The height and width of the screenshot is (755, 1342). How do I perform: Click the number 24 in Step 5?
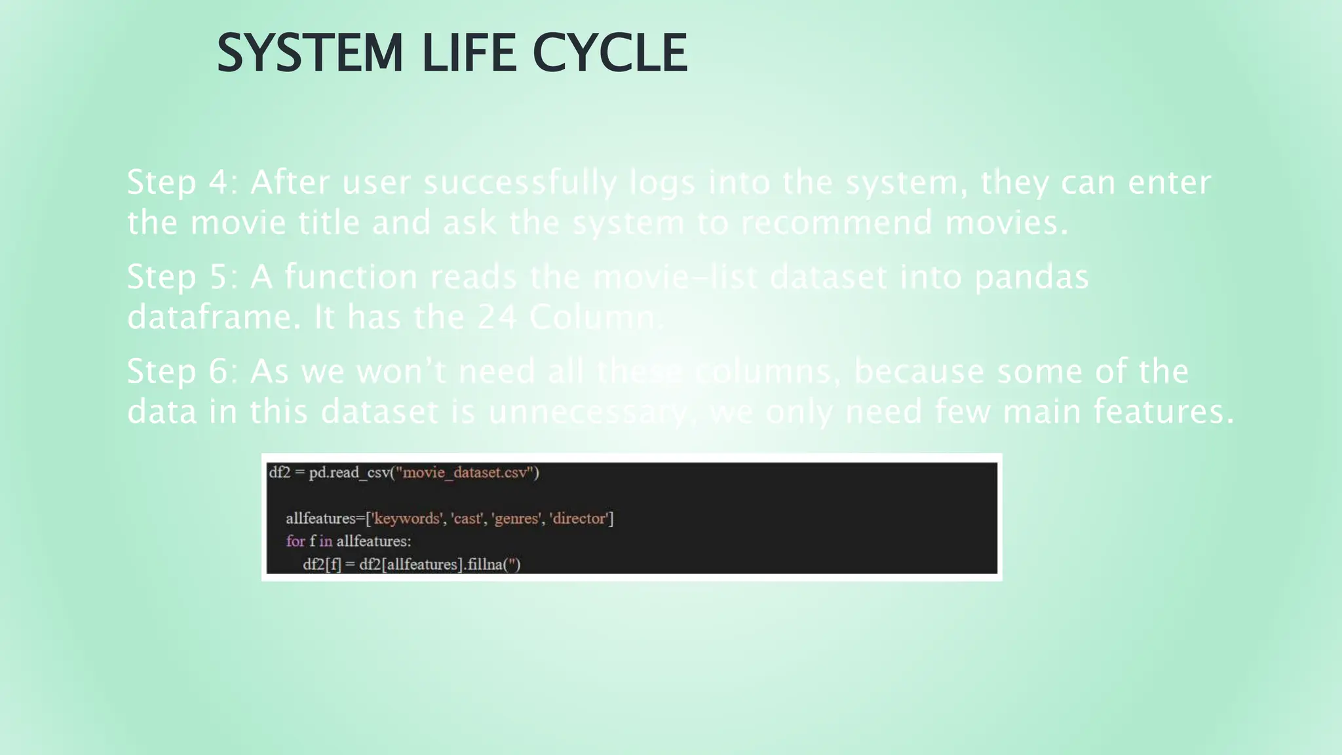tap(496, 318)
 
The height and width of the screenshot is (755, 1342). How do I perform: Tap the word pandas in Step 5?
tap(1031, 277)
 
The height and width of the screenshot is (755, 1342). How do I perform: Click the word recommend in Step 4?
tap(836, 223)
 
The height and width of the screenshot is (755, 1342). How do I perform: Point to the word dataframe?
tap(209, 318)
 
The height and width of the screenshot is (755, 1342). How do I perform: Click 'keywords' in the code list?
tap(406, 518)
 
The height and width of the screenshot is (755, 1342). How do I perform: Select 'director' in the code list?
tap(579, 518)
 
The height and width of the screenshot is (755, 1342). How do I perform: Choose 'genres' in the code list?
tap(516, 518)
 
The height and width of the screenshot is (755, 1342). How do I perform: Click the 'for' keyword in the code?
tap(295, 541)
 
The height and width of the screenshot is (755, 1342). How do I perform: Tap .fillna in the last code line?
tap(483, 564)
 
